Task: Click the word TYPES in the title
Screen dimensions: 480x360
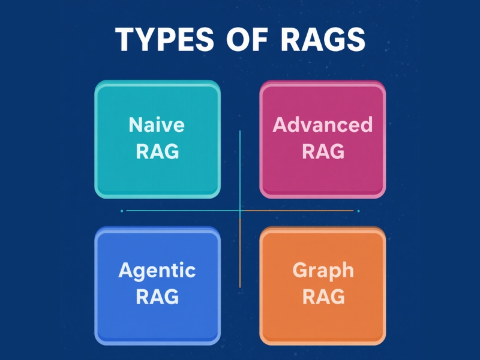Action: pos(164,39)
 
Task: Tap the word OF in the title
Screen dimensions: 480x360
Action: pos(247,39)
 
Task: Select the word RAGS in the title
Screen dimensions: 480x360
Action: pos(323,39)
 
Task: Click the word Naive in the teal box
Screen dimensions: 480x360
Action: pos(157,125)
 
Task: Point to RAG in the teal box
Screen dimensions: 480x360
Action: pos(157,151)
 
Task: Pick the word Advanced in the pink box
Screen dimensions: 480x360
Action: pos(323,124)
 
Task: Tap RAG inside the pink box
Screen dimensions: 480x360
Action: pos(323,151)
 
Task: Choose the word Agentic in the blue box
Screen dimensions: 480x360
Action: pos(157,271)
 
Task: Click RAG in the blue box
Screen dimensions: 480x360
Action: pos(157,296)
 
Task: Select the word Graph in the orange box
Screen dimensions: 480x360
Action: pos(323,271)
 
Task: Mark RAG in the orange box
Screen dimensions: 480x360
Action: pos(323,296)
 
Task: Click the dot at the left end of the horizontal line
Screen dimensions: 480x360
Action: pos(122,211)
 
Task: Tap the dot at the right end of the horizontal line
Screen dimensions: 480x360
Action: pos(358,211)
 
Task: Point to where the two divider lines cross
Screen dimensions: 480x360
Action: pos(240,211)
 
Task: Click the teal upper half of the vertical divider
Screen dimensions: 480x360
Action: pos(240,170)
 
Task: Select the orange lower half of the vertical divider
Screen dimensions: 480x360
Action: pos(240,249)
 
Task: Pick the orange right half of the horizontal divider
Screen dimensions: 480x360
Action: pos(296,211)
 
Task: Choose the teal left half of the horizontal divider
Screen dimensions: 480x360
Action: pos(183,211)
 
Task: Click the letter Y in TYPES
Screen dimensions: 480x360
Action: pos(147,39)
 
